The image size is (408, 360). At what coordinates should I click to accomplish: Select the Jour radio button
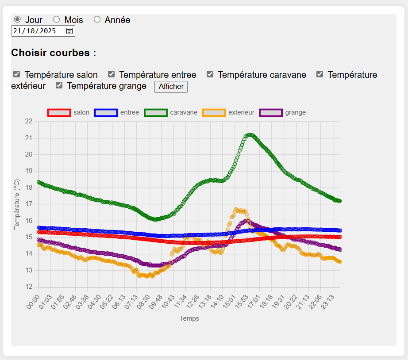coord(17,19)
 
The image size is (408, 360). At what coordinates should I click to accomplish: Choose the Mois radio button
coord(57,19)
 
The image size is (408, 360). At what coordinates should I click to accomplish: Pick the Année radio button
coord(97,19)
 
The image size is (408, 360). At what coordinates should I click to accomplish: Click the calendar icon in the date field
coord(69,31)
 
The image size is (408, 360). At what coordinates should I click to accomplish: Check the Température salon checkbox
coord(17,74)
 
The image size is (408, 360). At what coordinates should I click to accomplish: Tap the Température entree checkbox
coord(112,74)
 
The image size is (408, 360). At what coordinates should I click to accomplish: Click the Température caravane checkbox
coord(210,74)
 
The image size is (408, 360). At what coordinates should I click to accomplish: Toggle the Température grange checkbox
coord(59,85)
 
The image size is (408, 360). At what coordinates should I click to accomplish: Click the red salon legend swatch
coord(59,113)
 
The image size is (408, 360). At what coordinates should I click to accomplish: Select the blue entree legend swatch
coord(106,113)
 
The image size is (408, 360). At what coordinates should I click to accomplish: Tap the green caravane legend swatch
coord(156,113)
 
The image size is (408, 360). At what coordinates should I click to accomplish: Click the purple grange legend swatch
coord(271,113)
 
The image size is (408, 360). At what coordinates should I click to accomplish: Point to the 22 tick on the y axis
coord(29,121)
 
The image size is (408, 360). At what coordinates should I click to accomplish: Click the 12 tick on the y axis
coord(29,287)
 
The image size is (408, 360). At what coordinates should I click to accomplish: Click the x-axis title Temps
coord(189,318)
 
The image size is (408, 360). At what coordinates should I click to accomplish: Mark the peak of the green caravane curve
coord(250,135)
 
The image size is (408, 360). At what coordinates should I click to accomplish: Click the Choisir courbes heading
coord(54,53)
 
